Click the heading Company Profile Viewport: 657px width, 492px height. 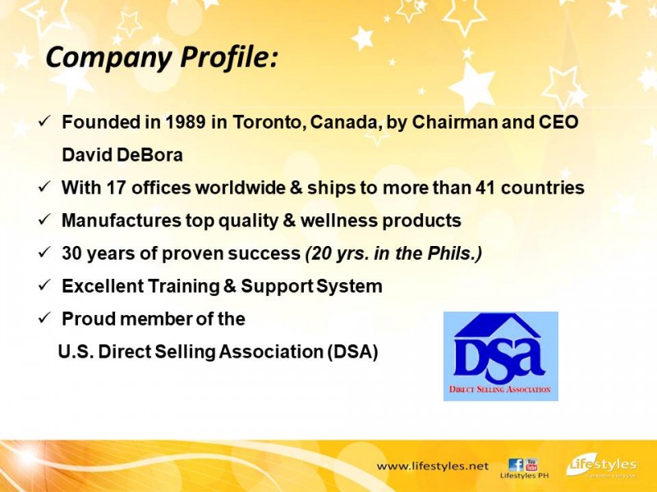tap(161, 57)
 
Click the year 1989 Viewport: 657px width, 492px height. tap(186, 121)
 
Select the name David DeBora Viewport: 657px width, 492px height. tap(122, 155)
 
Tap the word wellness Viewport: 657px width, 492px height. tap(339, 220)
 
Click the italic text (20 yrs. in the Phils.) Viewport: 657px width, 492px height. tap(393, 253)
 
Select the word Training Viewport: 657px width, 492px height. tap(183, 286)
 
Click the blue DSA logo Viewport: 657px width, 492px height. tap(501, 356)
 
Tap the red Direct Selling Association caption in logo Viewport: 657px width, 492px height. tap(500, 389)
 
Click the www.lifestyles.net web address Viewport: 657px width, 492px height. tap(433, 466)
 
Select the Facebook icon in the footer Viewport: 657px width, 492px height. tap(516, 465)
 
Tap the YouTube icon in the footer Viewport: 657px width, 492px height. tap(531, 465)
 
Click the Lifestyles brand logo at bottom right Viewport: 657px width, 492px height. tap(602, 466)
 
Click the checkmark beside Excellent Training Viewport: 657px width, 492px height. tap(44, 285)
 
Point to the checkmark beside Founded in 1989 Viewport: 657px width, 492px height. tap(44, 121)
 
